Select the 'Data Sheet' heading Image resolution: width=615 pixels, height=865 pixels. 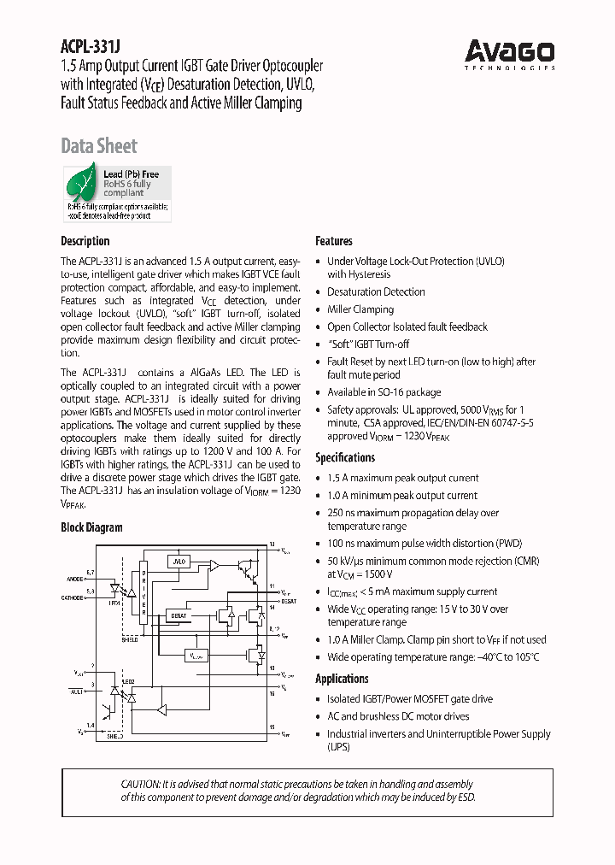pyautogui.click(x=99, y=146)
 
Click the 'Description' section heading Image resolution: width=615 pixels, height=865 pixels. pyautogui.click(x=85, y=241)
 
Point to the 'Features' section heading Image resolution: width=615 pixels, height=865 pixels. pyautogui.click(x=334, y=241)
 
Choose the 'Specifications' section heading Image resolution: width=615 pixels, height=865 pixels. pyautogui.click(x=345, y=457)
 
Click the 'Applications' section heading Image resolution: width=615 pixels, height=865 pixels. pyautogui.click(x=342, y=679)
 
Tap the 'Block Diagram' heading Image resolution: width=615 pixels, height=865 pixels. pyautogui.click(x=91, y=527)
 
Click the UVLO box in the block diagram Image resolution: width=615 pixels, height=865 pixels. pyautogui.click(x=178, y=562)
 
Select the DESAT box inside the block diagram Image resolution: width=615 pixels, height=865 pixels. pyautogui.click(x=179, y=615)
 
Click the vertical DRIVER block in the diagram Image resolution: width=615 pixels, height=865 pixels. pyautogui.click(x=144, y=591)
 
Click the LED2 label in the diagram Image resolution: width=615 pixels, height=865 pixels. pyautogui.click(x=128, y=681)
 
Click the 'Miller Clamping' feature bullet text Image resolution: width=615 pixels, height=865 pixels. pyautogui.click(x=360, y=309)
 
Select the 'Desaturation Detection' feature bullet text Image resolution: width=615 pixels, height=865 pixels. pyautogui.click(x=376, y=291)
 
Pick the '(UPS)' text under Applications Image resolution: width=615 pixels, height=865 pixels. pyautogui.click(x=339, y=747)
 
